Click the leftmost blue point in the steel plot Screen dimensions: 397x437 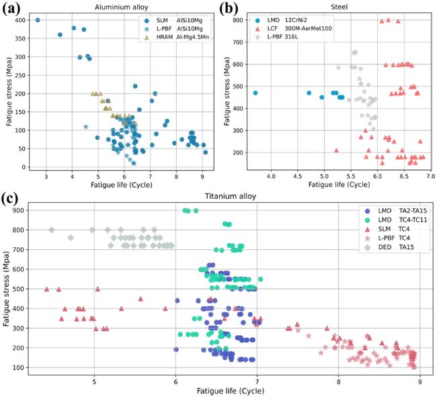click(x=255, y=93)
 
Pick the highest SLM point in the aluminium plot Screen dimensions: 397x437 click(x=38, y=20)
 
